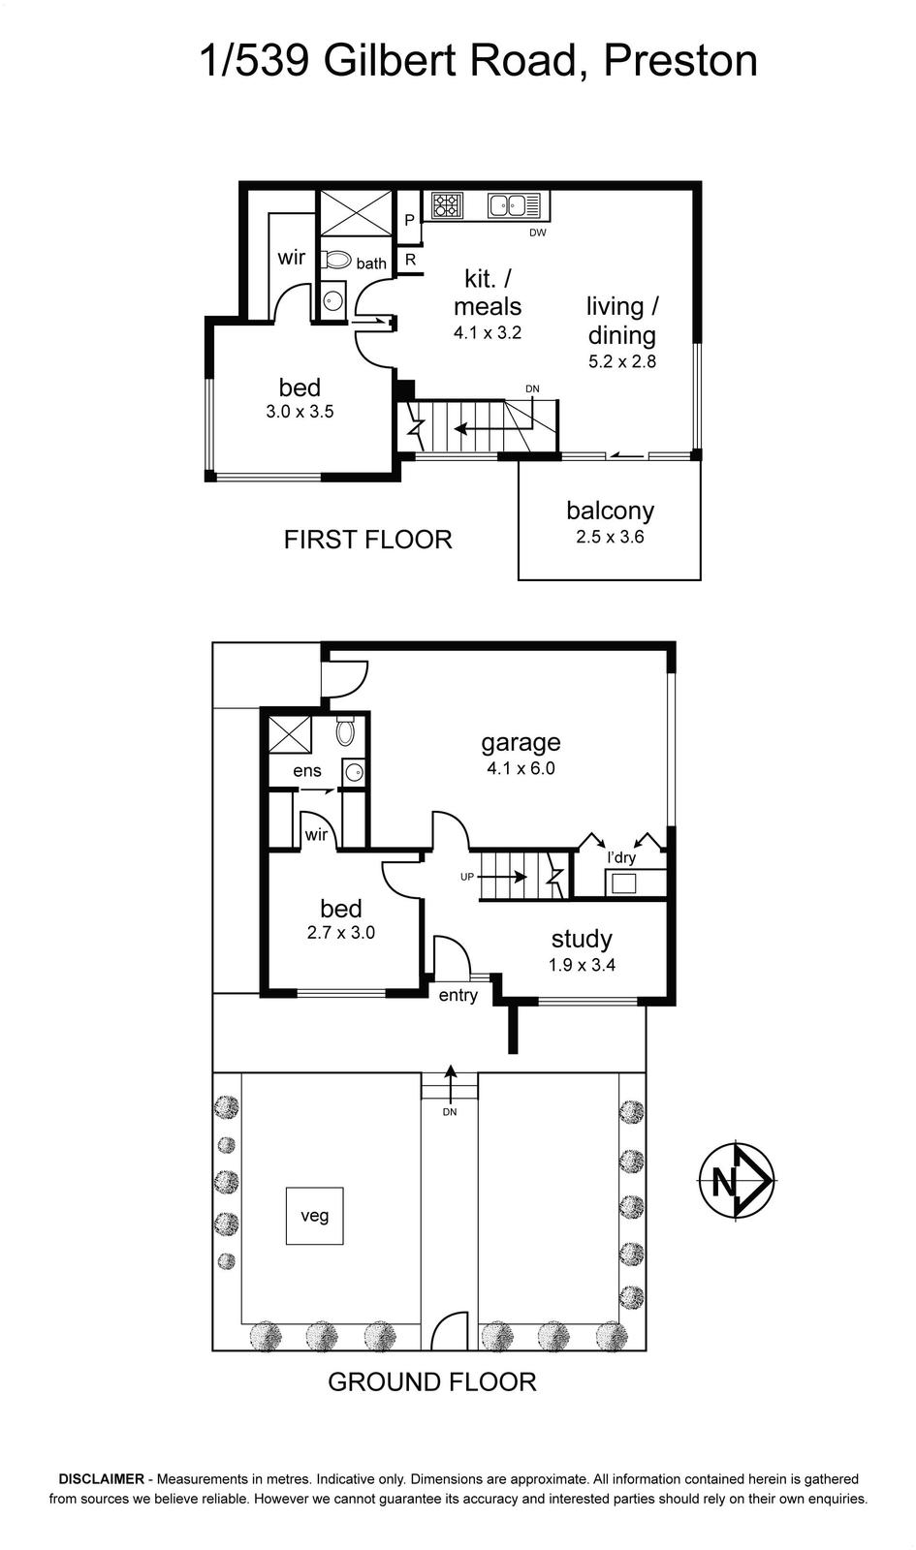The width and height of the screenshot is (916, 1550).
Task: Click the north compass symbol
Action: pos(736,1181)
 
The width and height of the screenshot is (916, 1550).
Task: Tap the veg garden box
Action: pos(314,1216)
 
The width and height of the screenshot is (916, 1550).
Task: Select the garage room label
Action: pos(521,742)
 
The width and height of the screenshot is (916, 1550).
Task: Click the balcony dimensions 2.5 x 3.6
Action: pos(610,537)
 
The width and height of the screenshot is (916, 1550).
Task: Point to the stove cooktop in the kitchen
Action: pos(446,204)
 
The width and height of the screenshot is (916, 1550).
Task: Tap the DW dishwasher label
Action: pos(538,232)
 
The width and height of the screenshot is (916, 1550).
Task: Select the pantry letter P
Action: pos(409,220)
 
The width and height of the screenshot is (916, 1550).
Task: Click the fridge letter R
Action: pos(410,260)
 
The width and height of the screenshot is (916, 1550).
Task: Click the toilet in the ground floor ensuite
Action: pos(345,730)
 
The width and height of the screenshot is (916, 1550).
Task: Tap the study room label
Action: pos(582,939)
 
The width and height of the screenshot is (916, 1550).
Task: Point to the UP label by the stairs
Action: pos(467,877)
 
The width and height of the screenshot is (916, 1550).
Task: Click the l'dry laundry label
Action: pos(621,857)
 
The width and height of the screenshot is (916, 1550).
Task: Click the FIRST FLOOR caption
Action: pos(367,539)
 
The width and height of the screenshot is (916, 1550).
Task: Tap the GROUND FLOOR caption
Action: pos(432,1381)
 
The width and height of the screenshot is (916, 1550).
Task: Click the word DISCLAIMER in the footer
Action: pos(102,1478)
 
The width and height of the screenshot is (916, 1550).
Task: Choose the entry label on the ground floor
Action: pos(458,995)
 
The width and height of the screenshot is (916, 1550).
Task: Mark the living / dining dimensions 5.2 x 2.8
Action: pos(622,361)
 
